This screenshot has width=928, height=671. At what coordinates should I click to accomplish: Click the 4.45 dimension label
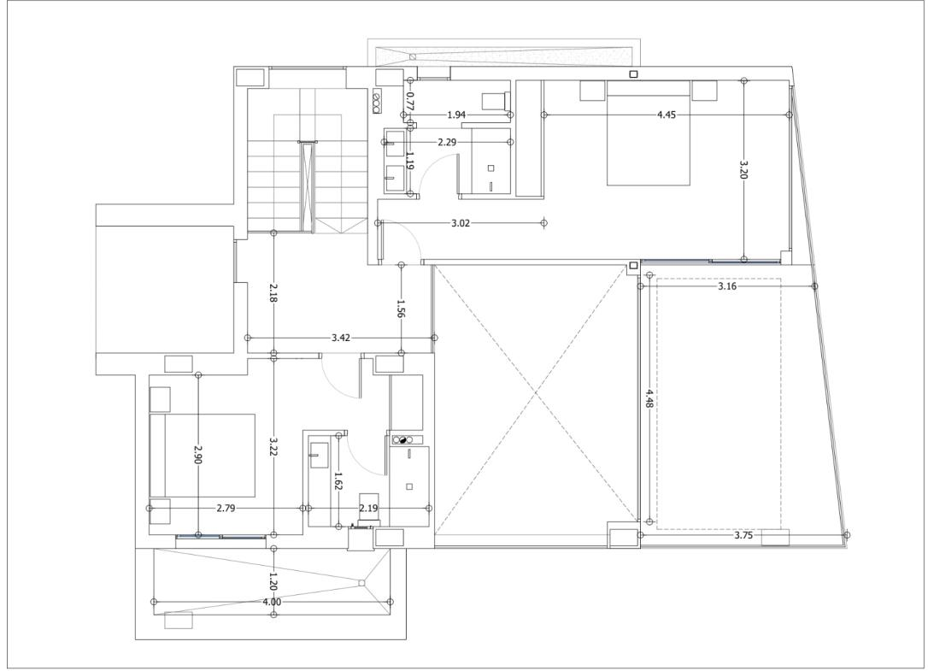(667, 115)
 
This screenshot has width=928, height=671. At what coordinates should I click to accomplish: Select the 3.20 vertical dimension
(744, 169)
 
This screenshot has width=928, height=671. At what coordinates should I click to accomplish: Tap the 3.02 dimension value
(461, 223)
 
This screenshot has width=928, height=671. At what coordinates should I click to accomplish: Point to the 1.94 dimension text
(456, 115)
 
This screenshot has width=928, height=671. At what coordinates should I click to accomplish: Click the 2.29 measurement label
(448, 142)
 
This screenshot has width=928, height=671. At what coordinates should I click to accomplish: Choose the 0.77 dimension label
(409, 101)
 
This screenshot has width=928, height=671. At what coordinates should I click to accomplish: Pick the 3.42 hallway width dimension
(341, 338)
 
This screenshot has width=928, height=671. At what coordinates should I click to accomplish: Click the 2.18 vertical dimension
(273, 292)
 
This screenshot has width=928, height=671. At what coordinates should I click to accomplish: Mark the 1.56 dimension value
(401, 309)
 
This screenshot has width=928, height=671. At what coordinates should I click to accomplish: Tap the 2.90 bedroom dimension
(198, 453)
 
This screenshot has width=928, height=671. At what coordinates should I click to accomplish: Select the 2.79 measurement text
(226, 508)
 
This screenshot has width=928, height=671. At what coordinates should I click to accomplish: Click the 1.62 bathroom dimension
(338, 481)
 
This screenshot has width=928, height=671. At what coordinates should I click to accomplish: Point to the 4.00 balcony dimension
(272, 603)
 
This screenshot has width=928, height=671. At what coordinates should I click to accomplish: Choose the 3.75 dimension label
(743, 535)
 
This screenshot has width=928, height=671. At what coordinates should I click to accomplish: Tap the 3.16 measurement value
(727, 286)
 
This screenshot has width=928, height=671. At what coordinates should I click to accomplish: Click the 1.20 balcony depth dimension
(273, 581)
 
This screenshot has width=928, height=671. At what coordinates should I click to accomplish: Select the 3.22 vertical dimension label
(273, 447)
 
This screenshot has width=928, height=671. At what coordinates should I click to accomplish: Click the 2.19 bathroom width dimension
(368, 508)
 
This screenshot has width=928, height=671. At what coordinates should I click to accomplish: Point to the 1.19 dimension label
(409, 160)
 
